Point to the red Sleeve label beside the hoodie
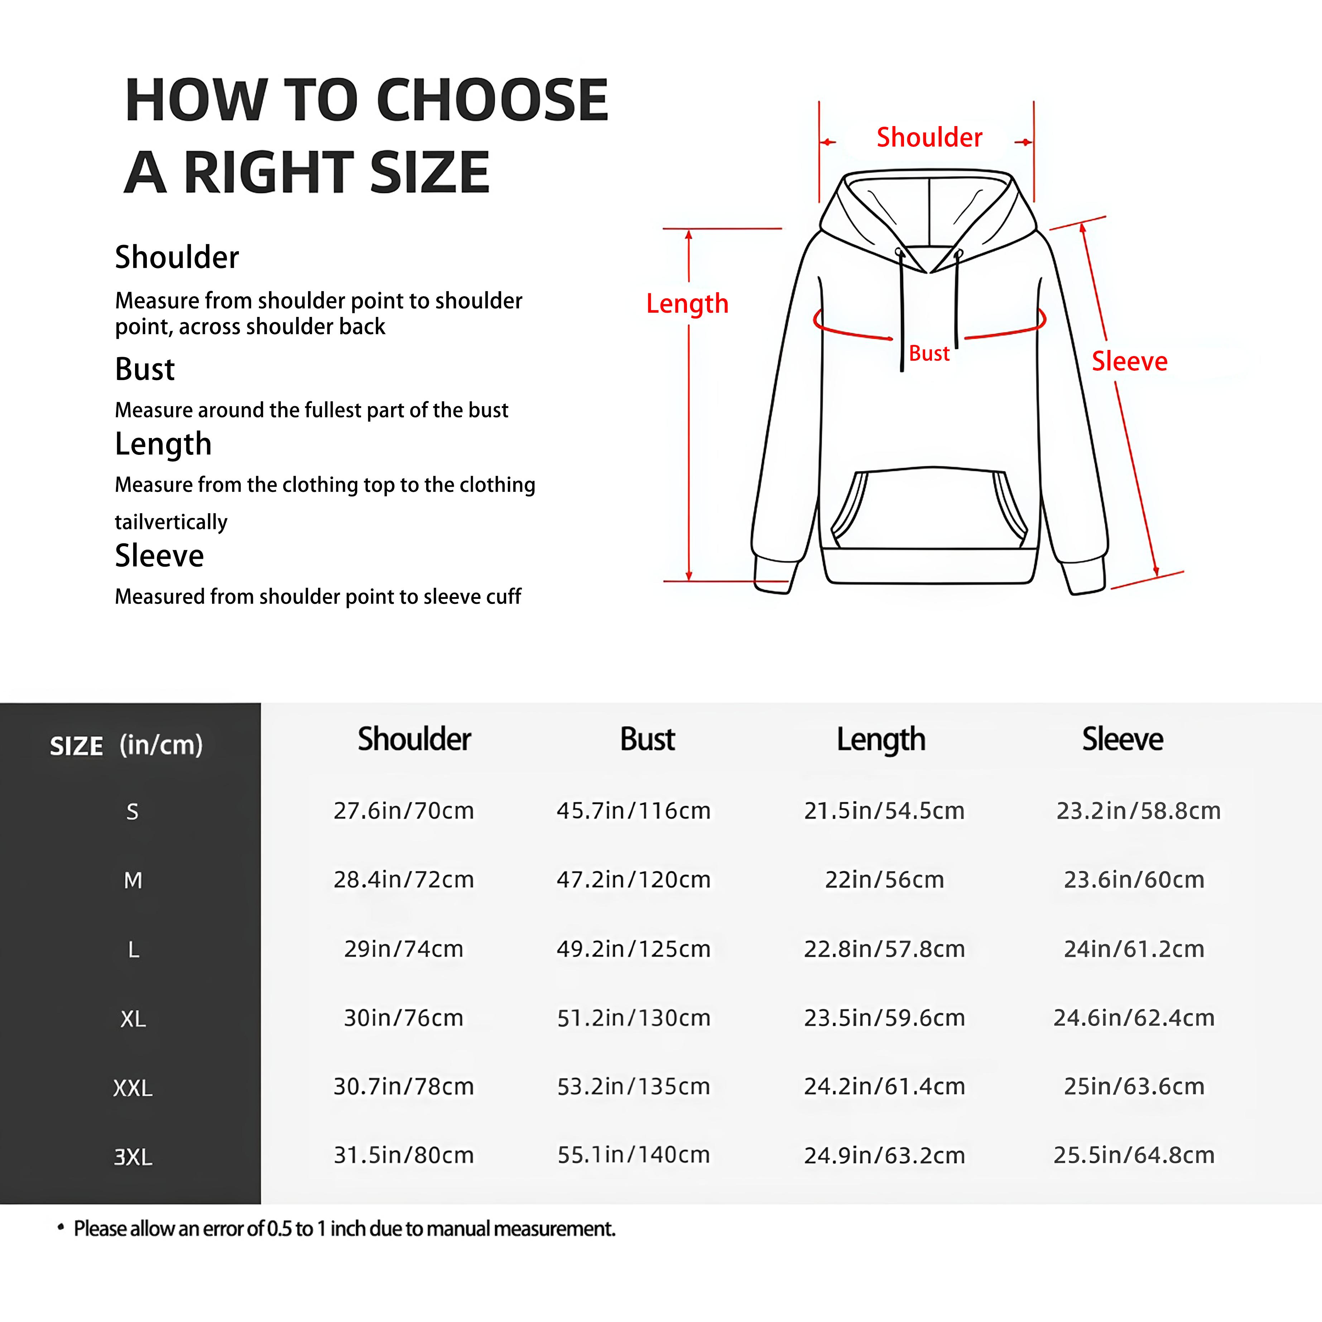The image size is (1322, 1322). tap(1129, 361)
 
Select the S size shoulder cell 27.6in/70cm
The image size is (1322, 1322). tap(404, 811)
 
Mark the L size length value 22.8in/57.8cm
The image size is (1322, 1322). tap(884, 949)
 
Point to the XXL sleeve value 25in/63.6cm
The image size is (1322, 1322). tap(1134, 1087)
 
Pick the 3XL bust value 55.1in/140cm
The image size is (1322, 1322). tap(634, 1155)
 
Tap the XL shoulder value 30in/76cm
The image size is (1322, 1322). tap(404, 1018)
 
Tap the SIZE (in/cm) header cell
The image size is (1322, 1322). tap(126, 745)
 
